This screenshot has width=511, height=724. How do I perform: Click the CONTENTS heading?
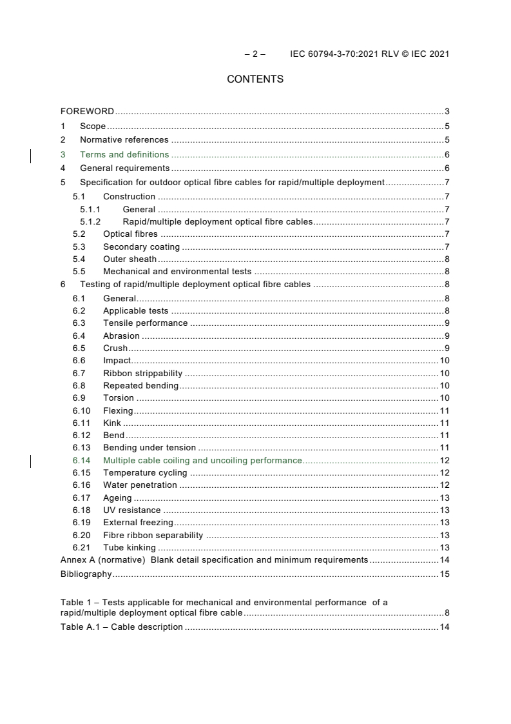point(255,79)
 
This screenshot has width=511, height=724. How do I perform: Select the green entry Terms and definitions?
point(124,154)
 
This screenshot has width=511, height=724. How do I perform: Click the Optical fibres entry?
point(130,234)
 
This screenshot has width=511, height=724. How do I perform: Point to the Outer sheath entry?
point(130,259)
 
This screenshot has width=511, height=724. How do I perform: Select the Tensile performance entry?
point(145,323)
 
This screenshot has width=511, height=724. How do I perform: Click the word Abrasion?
point(121,336)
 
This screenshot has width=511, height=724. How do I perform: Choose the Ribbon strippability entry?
point(142,373)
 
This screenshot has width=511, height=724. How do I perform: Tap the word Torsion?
point(119,397)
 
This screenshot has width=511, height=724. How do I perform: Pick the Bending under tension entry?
point(149,447)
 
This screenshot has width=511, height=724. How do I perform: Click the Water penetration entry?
point(140,485)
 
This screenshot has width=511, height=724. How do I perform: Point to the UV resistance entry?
point(131,510)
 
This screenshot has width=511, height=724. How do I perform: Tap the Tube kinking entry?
point(129,547)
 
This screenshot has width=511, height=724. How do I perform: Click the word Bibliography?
point(86,574)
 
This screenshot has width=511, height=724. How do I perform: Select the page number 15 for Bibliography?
point(444,574)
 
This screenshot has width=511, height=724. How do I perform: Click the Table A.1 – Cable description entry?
point(121,627)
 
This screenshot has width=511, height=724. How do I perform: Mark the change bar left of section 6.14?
point(31,460)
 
